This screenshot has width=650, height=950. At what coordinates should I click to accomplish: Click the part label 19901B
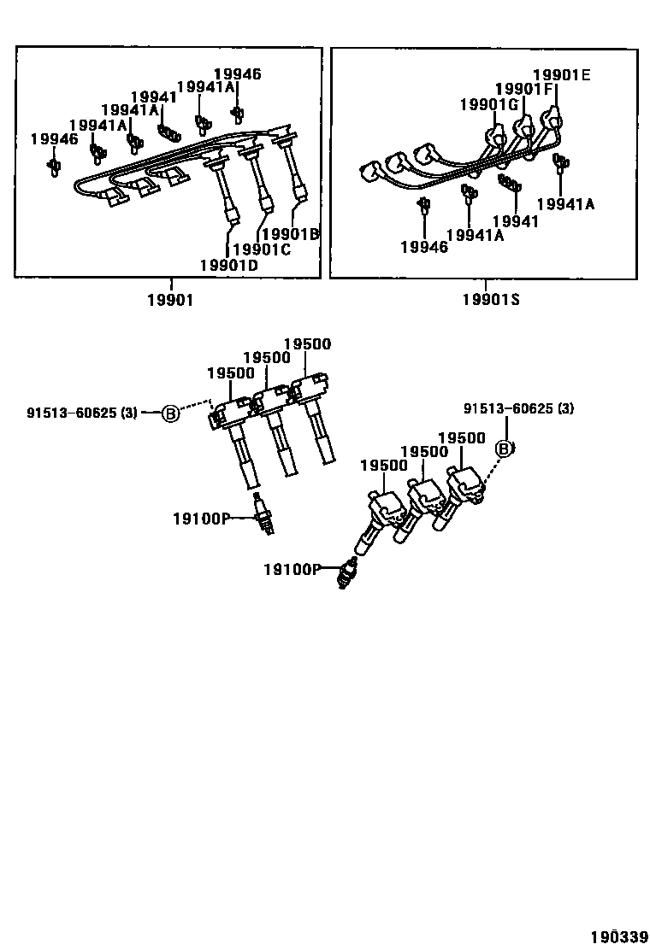tap(290, 233)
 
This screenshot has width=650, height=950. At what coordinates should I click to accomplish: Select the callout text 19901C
tap(262, 249)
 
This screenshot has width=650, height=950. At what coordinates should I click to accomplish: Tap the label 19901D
tap(228, 265)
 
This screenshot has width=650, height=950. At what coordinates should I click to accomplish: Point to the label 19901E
tap(561, 75)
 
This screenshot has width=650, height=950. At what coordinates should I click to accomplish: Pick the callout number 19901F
tap(524, 89)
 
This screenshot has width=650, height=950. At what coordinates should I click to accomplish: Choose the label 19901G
tap(488, 104)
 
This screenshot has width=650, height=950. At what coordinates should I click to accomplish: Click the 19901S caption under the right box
tap(491, 299)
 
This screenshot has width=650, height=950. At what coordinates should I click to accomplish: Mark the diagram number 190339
tap(615, 936)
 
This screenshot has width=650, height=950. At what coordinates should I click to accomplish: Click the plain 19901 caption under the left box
tap(170, 299)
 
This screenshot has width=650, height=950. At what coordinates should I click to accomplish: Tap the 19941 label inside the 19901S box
tap(517, 221)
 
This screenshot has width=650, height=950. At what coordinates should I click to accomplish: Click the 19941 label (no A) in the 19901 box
tap(154, 97)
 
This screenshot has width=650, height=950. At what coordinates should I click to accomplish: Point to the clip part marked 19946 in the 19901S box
tap(422, 204)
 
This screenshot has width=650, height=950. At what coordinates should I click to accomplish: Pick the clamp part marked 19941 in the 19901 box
tap(169, 132)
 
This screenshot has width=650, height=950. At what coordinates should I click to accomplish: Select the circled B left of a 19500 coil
tap(170, 413)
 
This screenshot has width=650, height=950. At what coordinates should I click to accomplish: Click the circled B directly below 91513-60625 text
tap(505, 449)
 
